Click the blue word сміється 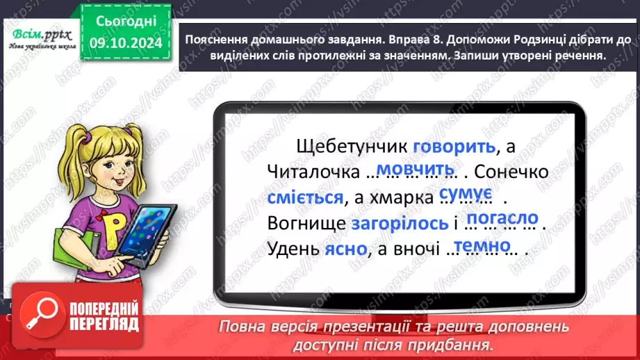click(x=305, y=198)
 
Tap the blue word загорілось click(x=399, y=224)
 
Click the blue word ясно click(x=345, y=250)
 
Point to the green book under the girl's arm click(x=77, y=250)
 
